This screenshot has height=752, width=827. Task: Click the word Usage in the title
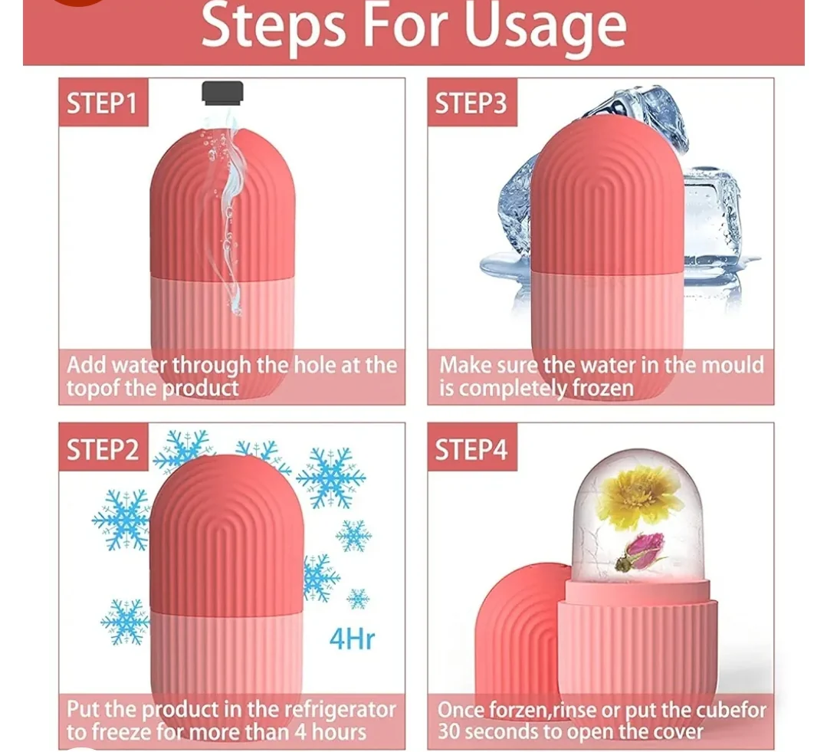click(546, 26)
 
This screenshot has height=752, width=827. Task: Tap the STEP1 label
click(102, 103)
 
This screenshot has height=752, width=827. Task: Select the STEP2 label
click(103, 450)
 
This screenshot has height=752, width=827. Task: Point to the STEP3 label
click(471, 103)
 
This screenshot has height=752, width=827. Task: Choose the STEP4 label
click(471, 450)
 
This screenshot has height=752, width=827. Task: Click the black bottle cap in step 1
click(222, 93)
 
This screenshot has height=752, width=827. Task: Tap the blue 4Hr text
click(352, 639)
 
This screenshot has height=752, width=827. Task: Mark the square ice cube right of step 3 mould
click(711, 216)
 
